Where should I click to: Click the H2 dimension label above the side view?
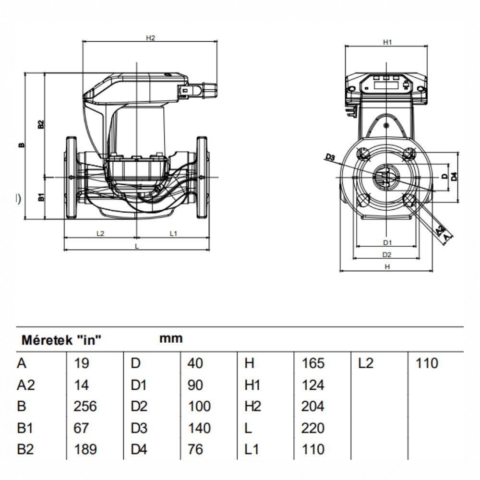(x=150, y=38)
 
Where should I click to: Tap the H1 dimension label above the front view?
(x=387, y=42)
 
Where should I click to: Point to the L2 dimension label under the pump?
(x=100, y=234)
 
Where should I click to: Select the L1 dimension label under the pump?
(x=173, y=234)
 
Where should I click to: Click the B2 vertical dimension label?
(x=41, y=125)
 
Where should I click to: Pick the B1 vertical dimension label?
(x=41, y=197)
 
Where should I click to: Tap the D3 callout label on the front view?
(x=330, y=157)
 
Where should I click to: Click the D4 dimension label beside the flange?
(x=454, y=176)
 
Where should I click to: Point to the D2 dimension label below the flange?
(x=387, y=255)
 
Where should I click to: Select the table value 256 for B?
(x=85, y=406)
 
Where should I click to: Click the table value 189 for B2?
(x=85, y=449)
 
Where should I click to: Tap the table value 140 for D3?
(x=199, y=428)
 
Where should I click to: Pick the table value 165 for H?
(x=313, y=363)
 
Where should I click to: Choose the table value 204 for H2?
(x=313, y=406)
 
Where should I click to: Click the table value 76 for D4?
(x=195, y=449)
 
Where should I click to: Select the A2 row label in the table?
(x=26, y=385)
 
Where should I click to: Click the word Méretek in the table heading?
(x=47, y=340)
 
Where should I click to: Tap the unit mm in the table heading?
(x=171, y=338)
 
